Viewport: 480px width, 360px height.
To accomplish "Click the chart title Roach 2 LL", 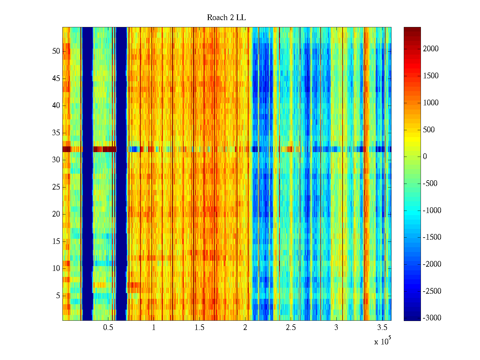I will pyautogui.click(x=226, y=18).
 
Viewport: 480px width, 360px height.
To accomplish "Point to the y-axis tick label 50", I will pyautogui.click(x=56, y=51).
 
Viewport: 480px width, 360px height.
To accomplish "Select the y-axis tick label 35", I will pyautogui.click(x=56, y=133).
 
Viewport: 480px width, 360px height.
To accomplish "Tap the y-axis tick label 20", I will pyautogui.click(x=56, y=214).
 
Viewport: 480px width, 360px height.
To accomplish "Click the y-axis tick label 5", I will pyautogui.click(x=58, y=296).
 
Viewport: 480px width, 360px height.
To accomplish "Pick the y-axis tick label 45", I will pyautogui.click(x=56, y=79).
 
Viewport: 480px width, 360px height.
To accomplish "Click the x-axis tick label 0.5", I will pyautogui.click(x=108, y=328).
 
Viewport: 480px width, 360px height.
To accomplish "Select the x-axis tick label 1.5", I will pyautogui.click(x=199, y=328).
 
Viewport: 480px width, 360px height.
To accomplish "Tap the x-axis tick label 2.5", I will pyautogui.click(x=291, y=328).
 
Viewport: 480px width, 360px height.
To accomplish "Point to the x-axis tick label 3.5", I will pyautogui.click(x=382, y=328).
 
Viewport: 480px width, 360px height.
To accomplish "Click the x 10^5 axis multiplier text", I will pyautogui.click(x=382, y=341).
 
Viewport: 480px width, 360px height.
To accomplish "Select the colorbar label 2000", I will pyautogui.click(x=431, y=49).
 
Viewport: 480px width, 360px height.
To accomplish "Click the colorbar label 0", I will pyautogui.click(x=425, y=157).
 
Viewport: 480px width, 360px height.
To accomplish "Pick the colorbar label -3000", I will pyautogui.click(x=432, y=318).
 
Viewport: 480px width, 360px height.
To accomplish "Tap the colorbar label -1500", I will pyautogui.click(x=432, y=237).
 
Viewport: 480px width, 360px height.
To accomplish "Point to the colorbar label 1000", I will pyautogui.click(x=431, y=103).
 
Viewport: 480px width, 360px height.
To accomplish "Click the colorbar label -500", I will pyautogui.click(x=430, y=184).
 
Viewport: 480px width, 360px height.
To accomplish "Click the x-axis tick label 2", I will pyautogui.click(x=245, y=328).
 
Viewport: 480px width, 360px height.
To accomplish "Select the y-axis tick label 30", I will pyautogui.click(x=56, y=160).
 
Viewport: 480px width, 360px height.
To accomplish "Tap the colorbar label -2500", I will pyautogui.click(x=432, y=291).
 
